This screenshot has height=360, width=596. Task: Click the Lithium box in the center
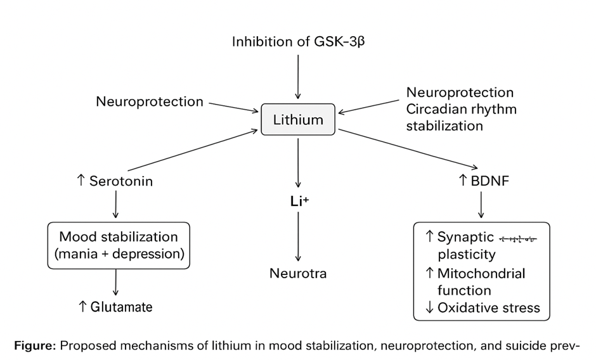[x=298, y=120]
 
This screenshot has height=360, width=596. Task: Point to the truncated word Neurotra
[x=297, y=274]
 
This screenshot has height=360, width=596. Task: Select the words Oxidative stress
[x=488, y=308]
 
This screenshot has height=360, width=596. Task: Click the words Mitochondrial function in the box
[x=481, y=282]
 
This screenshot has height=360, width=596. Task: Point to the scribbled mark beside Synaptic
[x=518, y=239]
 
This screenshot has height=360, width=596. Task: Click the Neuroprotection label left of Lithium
[x=150, y=101]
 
